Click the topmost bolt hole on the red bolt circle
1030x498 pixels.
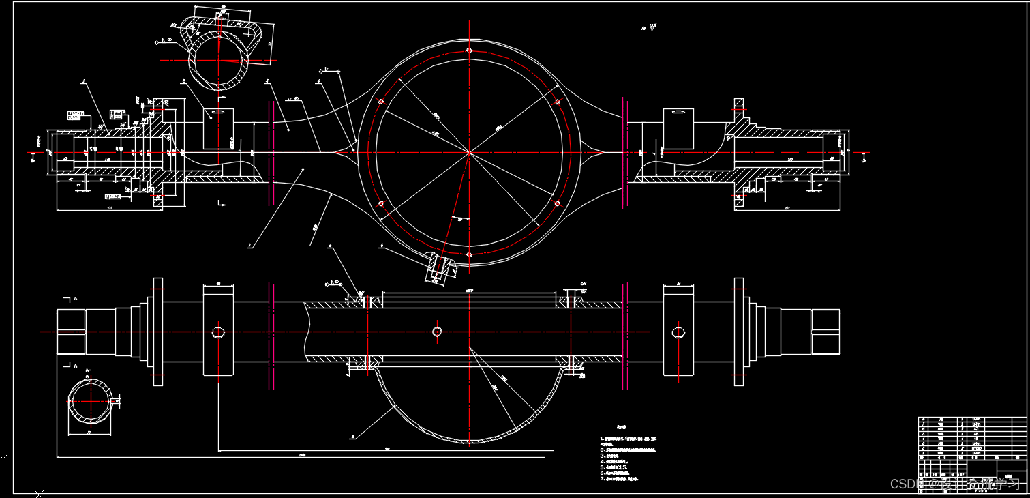click(x=470, y=50)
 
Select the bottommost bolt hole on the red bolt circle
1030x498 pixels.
click(x=470, y=254)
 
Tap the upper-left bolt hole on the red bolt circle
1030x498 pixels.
click(x=381, y=102)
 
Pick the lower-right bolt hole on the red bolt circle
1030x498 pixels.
click(x=558, y=203)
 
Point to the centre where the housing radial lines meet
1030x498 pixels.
click(x=470, y=152)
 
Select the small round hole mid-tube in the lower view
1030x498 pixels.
click(x=438, y=332)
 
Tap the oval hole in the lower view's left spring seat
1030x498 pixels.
click(x=218, y=332)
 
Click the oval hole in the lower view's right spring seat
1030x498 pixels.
click(x=678, y=332)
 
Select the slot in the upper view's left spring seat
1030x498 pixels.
click(x=218, y=113)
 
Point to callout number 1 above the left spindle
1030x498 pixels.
click(x=82, y=82)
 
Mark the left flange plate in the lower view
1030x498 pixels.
click(x=158, y=332)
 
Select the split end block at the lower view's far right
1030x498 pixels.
click(x=825, y=332)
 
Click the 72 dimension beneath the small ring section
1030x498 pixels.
click(x=89, y=433)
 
